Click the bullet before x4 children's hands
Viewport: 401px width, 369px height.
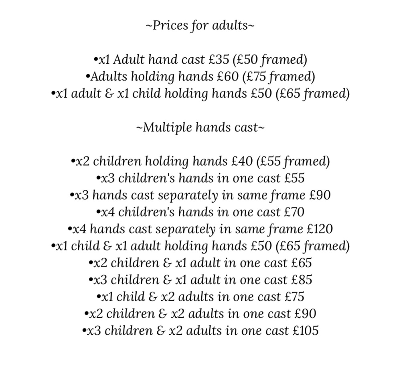[99, 212]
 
